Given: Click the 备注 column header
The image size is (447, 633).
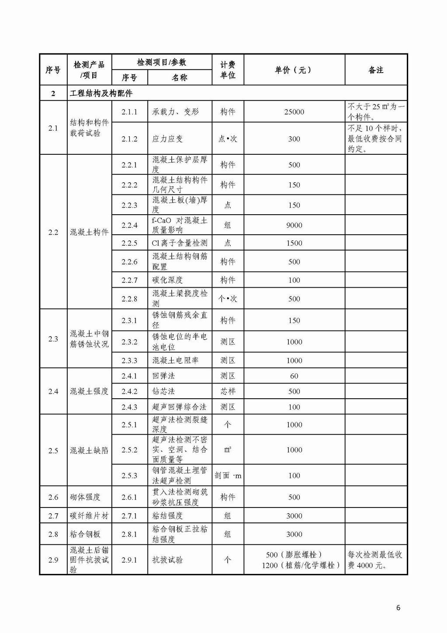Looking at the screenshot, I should pos(376,70).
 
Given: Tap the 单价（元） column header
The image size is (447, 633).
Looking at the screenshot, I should pos(294,70).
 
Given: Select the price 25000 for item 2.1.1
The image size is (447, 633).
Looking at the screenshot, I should pos(294,112).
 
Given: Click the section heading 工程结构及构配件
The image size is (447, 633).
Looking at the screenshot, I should pos(101,93).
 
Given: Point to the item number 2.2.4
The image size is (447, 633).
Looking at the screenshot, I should pos(129,225).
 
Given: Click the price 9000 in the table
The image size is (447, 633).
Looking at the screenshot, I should pos(294,225).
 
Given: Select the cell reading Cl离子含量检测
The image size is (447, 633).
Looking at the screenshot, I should pos(180,243).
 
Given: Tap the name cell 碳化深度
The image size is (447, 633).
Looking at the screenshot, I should pos(167,280).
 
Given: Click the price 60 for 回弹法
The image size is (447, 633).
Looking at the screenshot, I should pos(294,376).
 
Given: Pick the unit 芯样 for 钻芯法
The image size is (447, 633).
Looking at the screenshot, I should pos(228,391).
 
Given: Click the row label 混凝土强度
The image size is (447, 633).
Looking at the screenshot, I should pos(89,391).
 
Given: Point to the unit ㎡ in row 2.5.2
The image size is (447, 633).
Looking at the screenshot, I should pos(228,450).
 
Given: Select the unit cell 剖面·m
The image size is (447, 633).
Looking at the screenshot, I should pos(228,476).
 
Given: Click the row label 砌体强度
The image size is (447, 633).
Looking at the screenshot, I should pos(85,497).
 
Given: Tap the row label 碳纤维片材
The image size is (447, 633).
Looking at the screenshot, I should pos(89,516).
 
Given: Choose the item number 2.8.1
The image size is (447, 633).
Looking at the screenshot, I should pos(129,534).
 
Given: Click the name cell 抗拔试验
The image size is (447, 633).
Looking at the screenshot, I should pos(167,560).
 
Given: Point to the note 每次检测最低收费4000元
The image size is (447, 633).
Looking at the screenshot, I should pos(375,560).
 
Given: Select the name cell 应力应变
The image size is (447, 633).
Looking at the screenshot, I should pos(167,139).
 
